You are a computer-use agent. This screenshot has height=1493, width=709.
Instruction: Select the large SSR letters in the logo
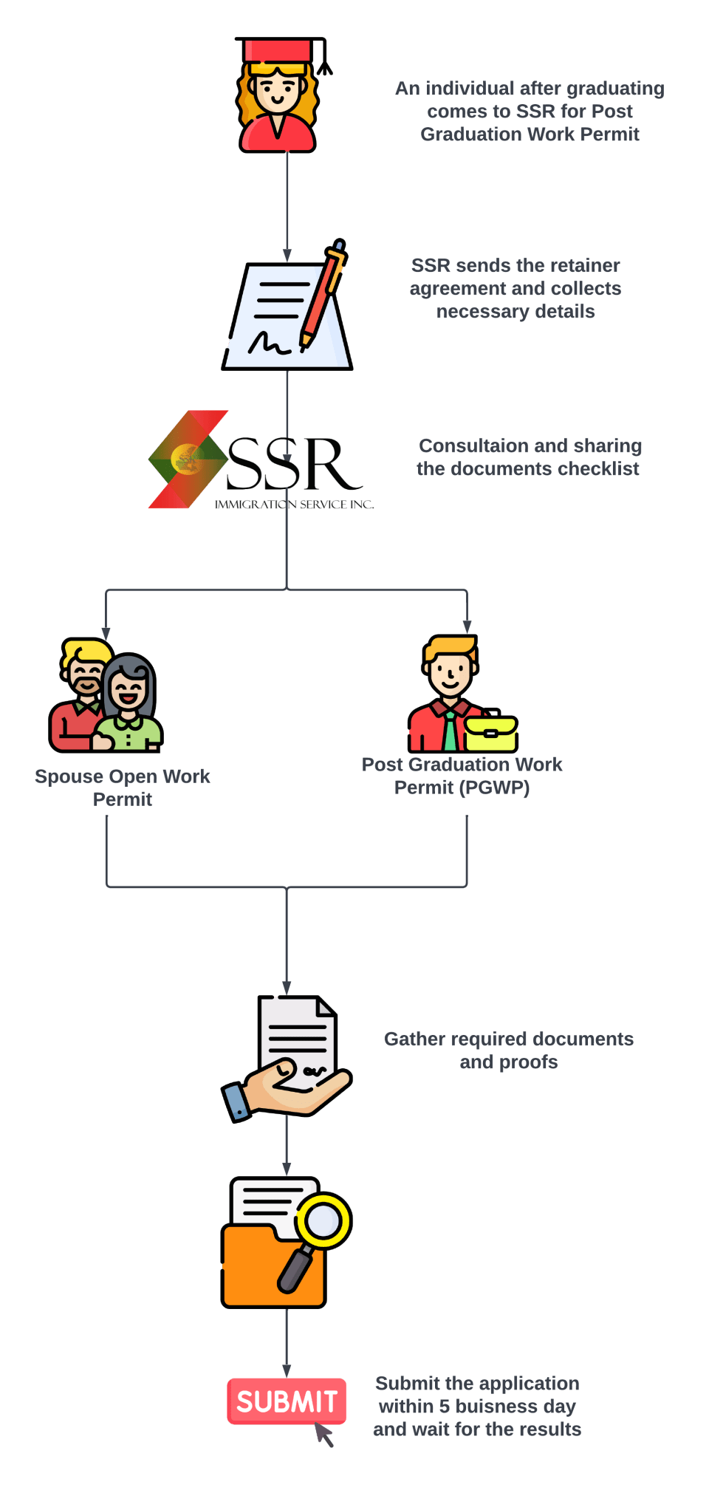pyautogui.click(x=293, y=465)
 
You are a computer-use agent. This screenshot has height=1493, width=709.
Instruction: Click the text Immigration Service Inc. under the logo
pyautogui.click(x=294, y=505)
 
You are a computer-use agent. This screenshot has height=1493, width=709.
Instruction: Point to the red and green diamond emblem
pyautogui.click(x=188, y=459)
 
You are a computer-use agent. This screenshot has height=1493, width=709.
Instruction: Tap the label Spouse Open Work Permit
pyautogui.click(x=123, y=788)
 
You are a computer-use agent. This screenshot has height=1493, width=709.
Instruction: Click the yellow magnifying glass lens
pyautogui.click(x=323, y=1220)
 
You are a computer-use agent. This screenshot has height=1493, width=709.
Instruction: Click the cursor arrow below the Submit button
pyautogui.click(x=324, y=1434)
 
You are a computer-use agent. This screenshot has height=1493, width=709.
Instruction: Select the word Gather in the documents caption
pyautogui.click(x=414, y=1039)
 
